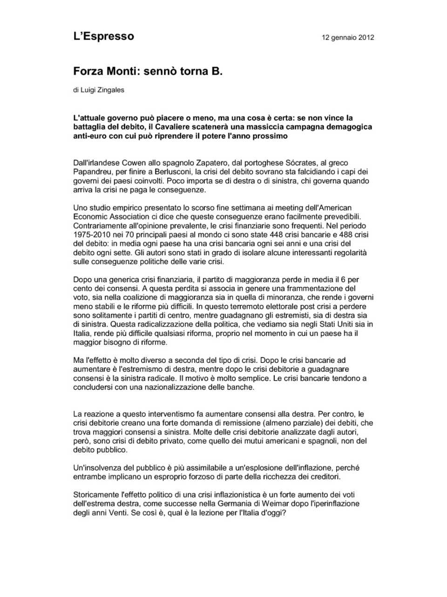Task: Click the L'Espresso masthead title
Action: [103, 36]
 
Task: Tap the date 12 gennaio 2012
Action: [348, 37]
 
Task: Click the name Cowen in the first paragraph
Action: [134, 163]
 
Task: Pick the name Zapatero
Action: [209, 163]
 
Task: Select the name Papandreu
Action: [92, 172]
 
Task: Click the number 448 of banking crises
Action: [277, 235]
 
